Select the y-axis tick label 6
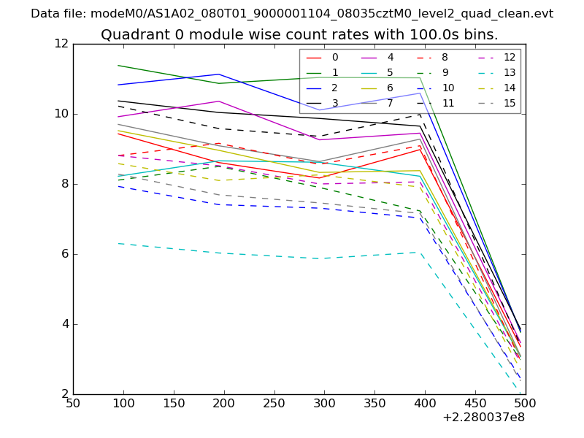point(64,254)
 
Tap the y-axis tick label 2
point(64,394)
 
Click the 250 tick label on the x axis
point(274,403)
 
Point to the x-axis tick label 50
point(73,403)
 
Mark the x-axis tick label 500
point(526,403)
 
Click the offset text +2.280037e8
point(483,418)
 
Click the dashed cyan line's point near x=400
point(420,252)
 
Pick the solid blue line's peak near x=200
point(219,74)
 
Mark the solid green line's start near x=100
point(118,66)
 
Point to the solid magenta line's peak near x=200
point(219,101)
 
